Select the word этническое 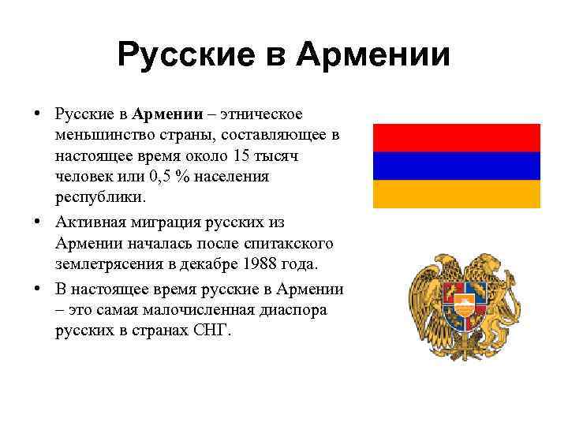269,115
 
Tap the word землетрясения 105,263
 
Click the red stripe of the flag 456,136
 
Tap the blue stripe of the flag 456,165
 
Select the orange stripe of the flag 456,193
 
